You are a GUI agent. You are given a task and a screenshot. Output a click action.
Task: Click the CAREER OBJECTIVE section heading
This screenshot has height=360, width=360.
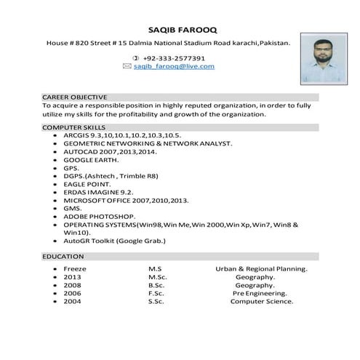(x=75, y=97)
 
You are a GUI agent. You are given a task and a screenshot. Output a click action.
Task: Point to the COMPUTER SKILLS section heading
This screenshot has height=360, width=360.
(x=73, y=127)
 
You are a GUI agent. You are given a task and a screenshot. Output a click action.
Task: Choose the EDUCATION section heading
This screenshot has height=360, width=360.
(x=63, y=257)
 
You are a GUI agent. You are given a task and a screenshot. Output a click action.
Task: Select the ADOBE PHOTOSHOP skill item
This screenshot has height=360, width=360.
(x=99, y=216)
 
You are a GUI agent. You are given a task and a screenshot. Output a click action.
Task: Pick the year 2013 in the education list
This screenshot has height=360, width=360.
(x=72, y=276)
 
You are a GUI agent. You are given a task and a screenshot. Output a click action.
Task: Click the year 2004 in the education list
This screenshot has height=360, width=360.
(x=72, y=301)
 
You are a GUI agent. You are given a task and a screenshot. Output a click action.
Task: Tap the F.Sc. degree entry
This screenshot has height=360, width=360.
(x=158, y=293)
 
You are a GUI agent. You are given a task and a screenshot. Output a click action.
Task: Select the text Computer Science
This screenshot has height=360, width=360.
(x=262, y=301)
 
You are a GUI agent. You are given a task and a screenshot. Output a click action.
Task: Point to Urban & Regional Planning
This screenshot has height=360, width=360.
(x=261, y=268)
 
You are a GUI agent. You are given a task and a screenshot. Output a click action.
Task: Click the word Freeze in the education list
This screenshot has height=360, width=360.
(x=75, y=268)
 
